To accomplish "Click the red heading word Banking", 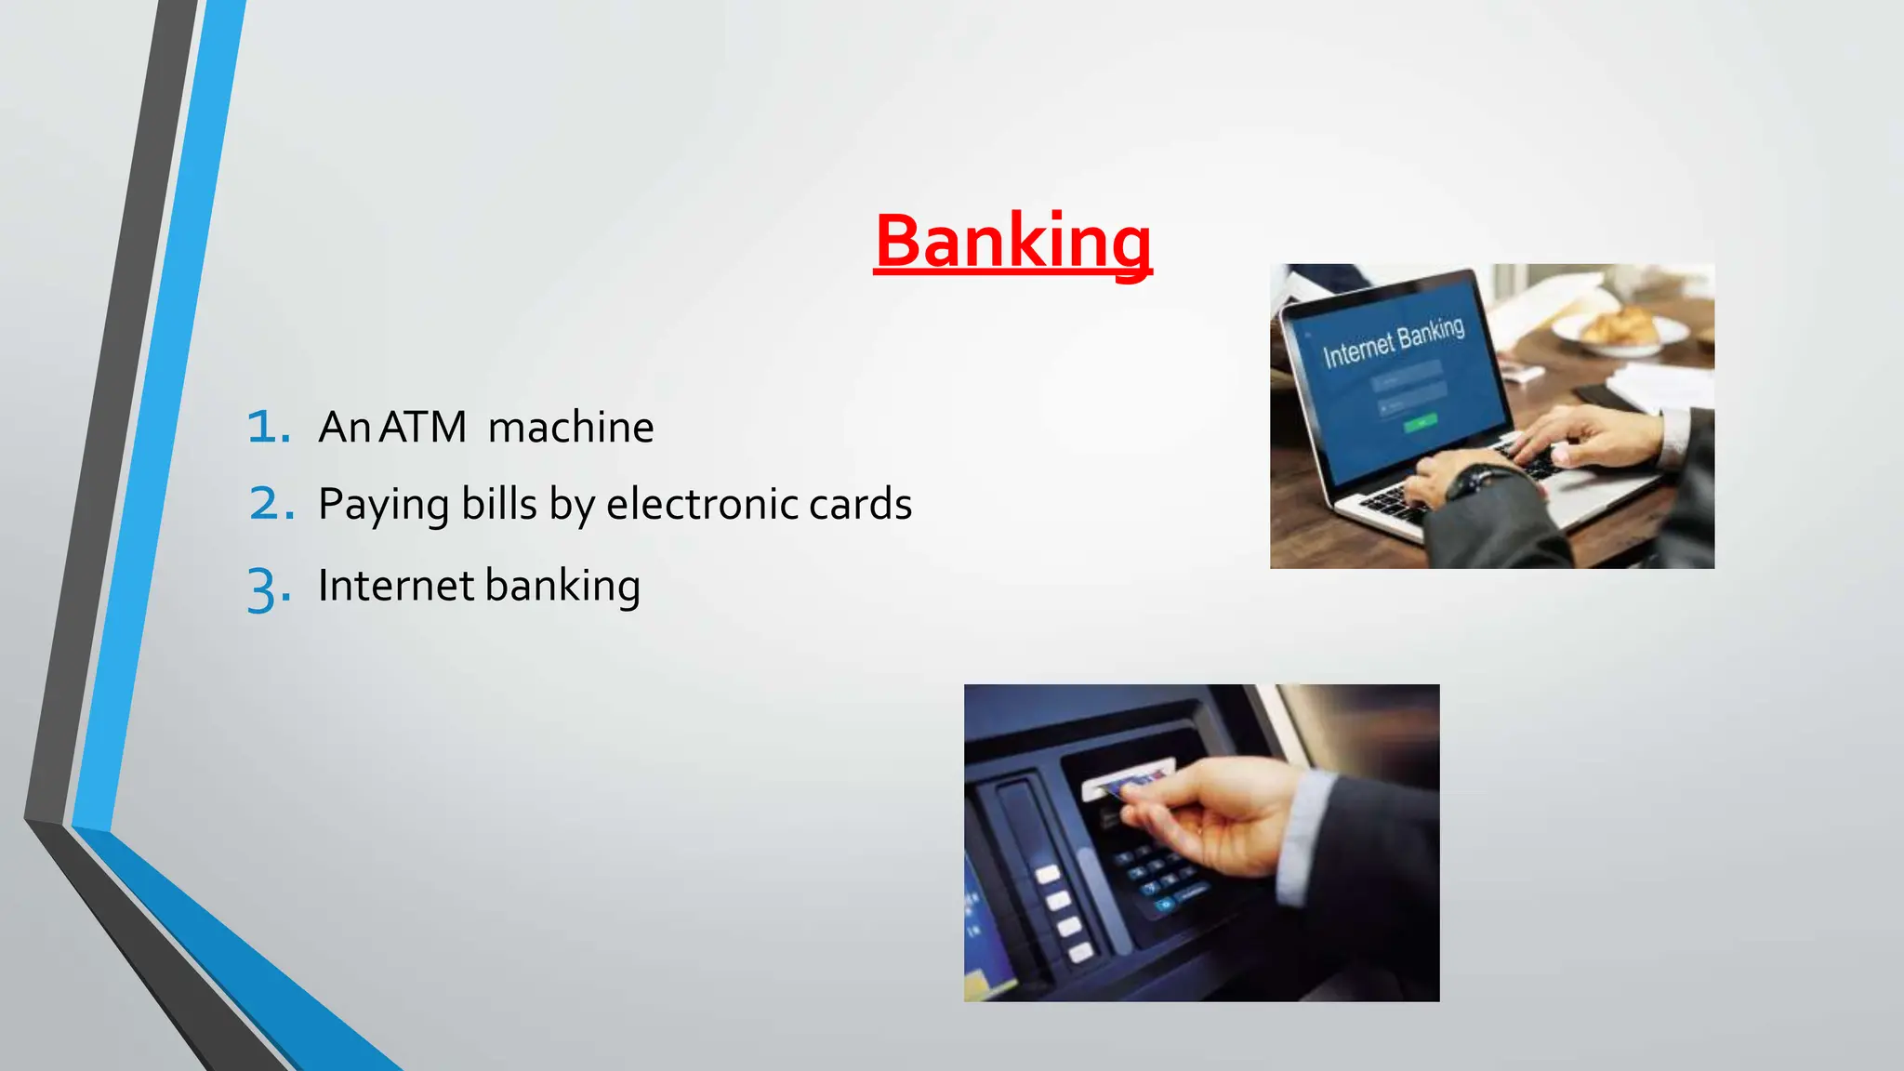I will [1012, 242].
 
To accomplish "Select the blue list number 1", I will [268, 427].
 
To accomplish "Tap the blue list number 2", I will [271, 504].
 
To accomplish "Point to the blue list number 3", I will [268, 588].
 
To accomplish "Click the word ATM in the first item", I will [422, 428].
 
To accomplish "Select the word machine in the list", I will [570, 428].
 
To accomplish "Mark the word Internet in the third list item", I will [396, 586].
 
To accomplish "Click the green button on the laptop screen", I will [1421, 424].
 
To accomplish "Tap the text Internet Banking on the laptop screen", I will [1393, 342].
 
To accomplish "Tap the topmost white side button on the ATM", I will [1048, 874].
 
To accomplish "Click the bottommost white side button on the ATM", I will [1080, 952].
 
